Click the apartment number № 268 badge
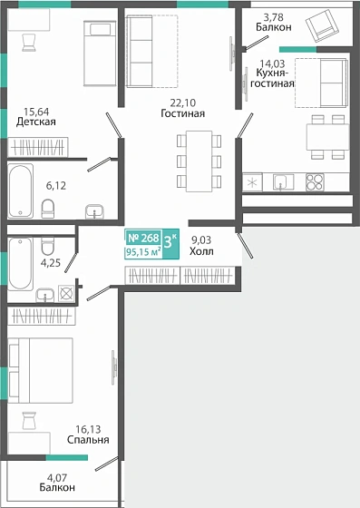tap(143, 238)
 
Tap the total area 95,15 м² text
tap(143, 252)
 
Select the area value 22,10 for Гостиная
tap(183, 103)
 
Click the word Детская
tap(36, 122)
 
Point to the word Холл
tap(201, 251)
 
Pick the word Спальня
tap(88, 440)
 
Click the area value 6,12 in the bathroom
tap(56, 186)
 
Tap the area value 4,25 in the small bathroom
tap(51, 262)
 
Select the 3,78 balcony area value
tap(274, 17)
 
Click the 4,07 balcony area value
tap(57, 477)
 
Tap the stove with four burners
tap(315, 182)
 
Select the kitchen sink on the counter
tap(283, 181)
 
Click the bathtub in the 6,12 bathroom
tap(20, 190)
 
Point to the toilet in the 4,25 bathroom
tap(47, 246)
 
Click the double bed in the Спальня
tap(41, 370)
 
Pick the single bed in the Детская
tap(100, 54)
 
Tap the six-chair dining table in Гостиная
tap(199, 161)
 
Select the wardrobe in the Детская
tap(38, 147)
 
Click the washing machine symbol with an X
tap(66, 294)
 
